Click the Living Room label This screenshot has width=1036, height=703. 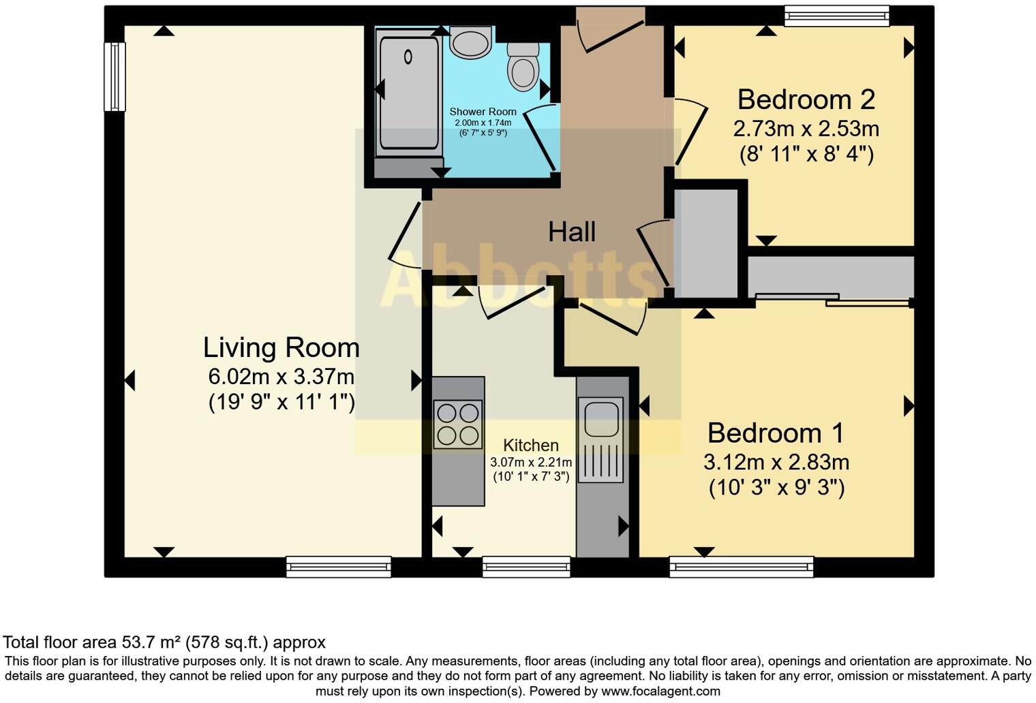[281, 347]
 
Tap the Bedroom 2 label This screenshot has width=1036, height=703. [806, 99]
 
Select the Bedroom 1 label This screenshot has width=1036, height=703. [776, 433]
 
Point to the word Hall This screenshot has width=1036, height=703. [572, 232]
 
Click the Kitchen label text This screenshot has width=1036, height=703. [530, 445]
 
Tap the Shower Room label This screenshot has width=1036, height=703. [483, 112]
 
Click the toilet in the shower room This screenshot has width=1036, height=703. [523, 67]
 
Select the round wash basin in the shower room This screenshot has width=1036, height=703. [470, 42]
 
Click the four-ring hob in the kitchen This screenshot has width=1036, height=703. [458, 424]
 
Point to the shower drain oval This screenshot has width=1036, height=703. [408, 57]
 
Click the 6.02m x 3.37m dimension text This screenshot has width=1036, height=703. [281, 377]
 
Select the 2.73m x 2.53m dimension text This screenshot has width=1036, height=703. [806, 129]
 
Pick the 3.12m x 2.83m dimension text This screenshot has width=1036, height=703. [776, 462]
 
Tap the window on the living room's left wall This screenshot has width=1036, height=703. [115, 77]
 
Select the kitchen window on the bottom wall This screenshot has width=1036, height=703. [526, 567]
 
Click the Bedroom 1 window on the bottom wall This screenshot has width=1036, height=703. [742, 567]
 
